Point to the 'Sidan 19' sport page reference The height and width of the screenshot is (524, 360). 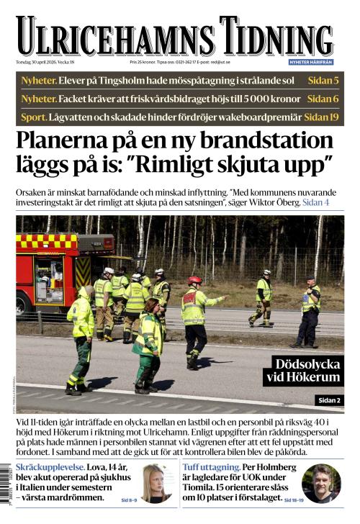point(321,117)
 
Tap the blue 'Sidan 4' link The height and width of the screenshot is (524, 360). point(315,203)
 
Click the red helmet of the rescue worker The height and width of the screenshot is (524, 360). point(194,280)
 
